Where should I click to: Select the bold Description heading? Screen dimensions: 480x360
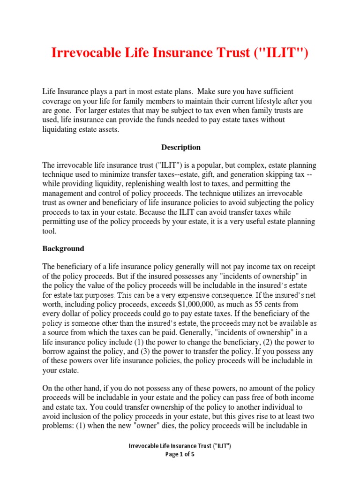tap(181, 147)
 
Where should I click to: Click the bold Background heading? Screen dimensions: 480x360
tap(63, 248)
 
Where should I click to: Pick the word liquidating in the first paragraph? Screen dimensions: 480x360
tap(61, 130)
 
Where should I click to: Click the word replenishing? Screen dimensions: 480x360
tap(144, 184)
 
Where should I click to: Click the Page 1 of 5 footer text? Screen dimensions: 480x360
tap(180, 454)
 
